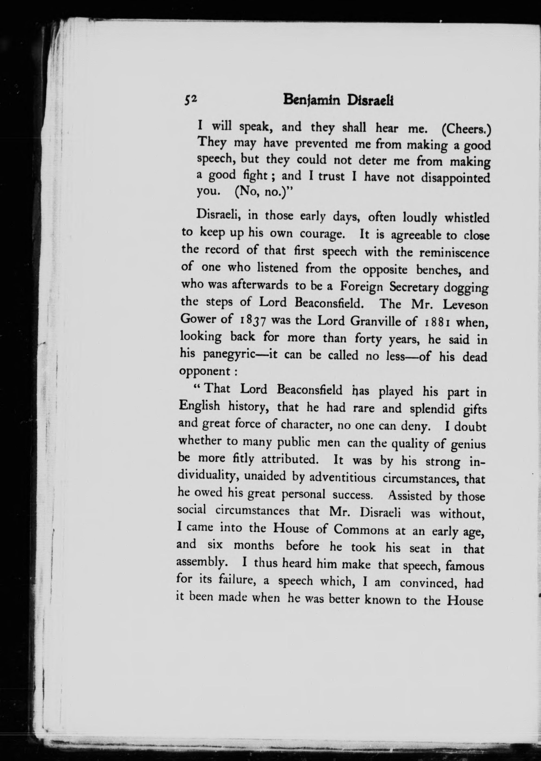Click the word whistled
[467, 218]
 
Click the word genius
[469, 444]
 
